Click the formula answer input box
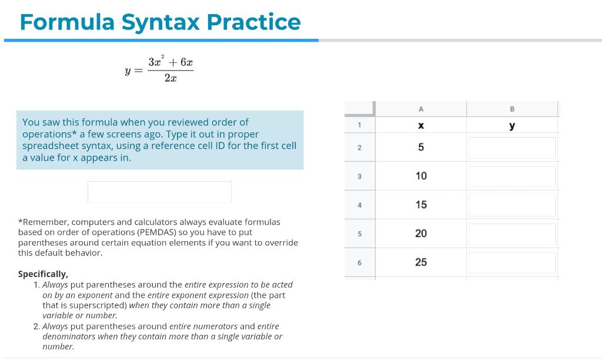[x=159, y=192]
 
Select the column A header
[x=420, y=109]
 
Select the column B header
[x=511, y=109]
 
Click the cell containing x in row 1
[x=420, y=126]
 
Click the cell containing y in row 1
[x=511, y=126]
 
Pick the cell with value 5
[x=420, y=148]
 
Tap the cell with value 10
[x=420, y=176]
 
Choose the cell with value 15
[x=420, y=205]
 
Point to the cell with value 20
[x=420, y=234]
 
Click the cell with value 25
[x=420, y=262]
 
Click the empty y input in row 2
[x=511, y=148]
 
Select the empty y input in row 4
[x=511, y=205]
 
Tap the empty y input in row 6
[x=511, y=262]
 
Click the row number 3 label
[x=359, y=176]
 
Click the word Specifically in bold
[x=43, y=274]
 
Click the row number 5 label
[x=359, y=234]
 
